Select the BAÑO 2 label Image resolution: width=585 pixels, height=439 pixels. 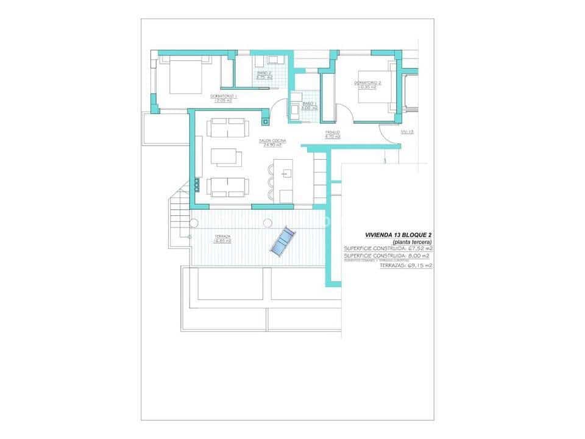[x=264, y=73]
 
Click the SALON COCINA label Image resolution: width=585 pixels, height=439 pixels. [x=272, y=141]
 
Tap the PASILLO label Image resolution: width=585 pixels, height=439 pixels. [x=333, y=132]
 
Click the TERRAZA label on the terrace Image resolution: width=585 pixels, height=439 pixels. [x=222, y=236]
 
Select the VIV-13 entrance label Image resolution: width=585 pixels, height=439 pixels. [x=407, y=132]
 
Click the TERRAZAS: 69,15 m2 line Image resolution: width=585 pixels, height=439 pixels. [x=406, y=266]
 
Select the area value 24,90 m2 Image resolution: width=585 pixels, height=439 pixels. [x=272, y=146]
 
